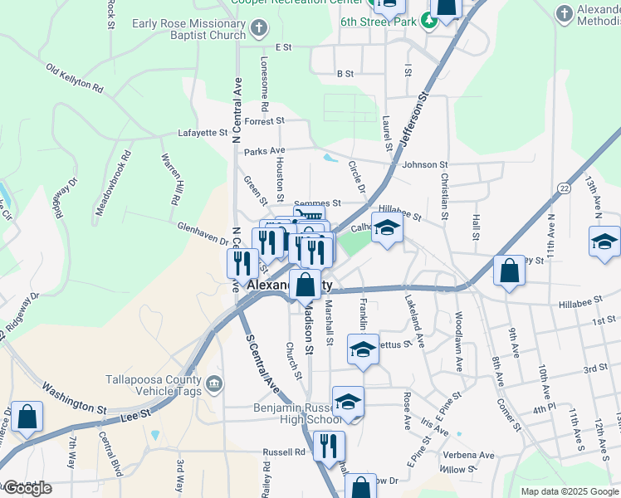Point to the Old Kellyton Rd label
[75, 80]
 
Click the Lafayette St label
[203, 133]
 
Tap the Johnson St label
[424, 165]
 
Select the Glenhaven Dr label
[203, 233]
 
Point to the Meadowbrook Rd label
[113, 183]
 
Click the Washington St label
[75, 398]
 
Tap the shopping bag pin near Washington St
[27, 419]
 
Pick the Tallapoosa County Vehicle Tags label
[154, 386]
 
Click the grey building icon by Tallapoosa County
[214, 383]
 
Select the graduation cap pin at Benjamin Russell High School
[348, 403]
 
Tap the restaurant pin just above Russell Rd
[329, 447]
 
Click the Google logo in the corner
[28, 488]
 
